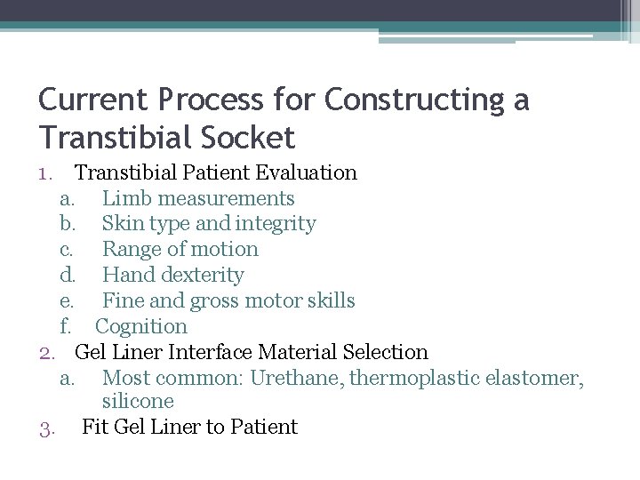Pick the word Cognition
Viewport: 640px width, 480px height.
141,327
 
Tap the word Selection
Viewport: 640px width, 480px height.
383,352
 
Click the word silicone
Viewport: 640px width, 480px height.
138,402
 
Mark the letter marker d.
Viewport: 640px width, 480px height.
67,276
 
